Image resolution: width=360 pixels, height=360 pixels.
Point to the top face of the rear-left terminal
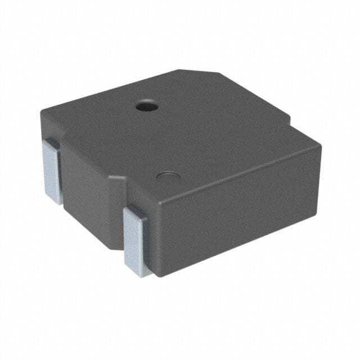tap(51, 145)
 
